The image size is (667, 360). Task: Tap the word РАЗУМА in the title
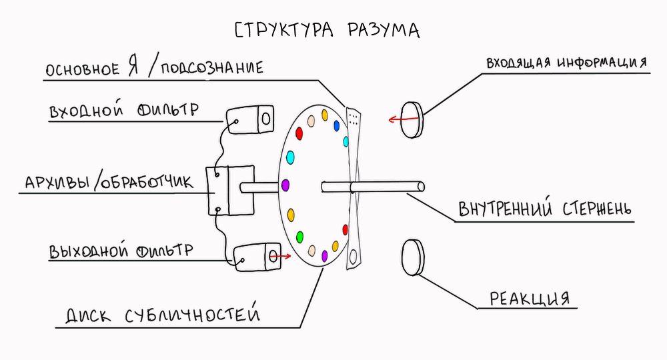tap(384, 31)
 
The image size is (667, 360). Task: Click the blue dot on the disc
tap(337, 125)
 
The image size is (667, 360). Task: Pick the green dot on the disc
tap(300, 236)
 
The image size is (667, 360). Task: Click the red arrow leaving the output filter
tap(282, 255)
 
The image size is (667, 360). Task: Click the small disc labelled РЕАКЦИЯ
tap(413, 257)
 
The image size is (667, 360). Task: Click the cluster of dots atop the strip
tap(354, 119)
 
